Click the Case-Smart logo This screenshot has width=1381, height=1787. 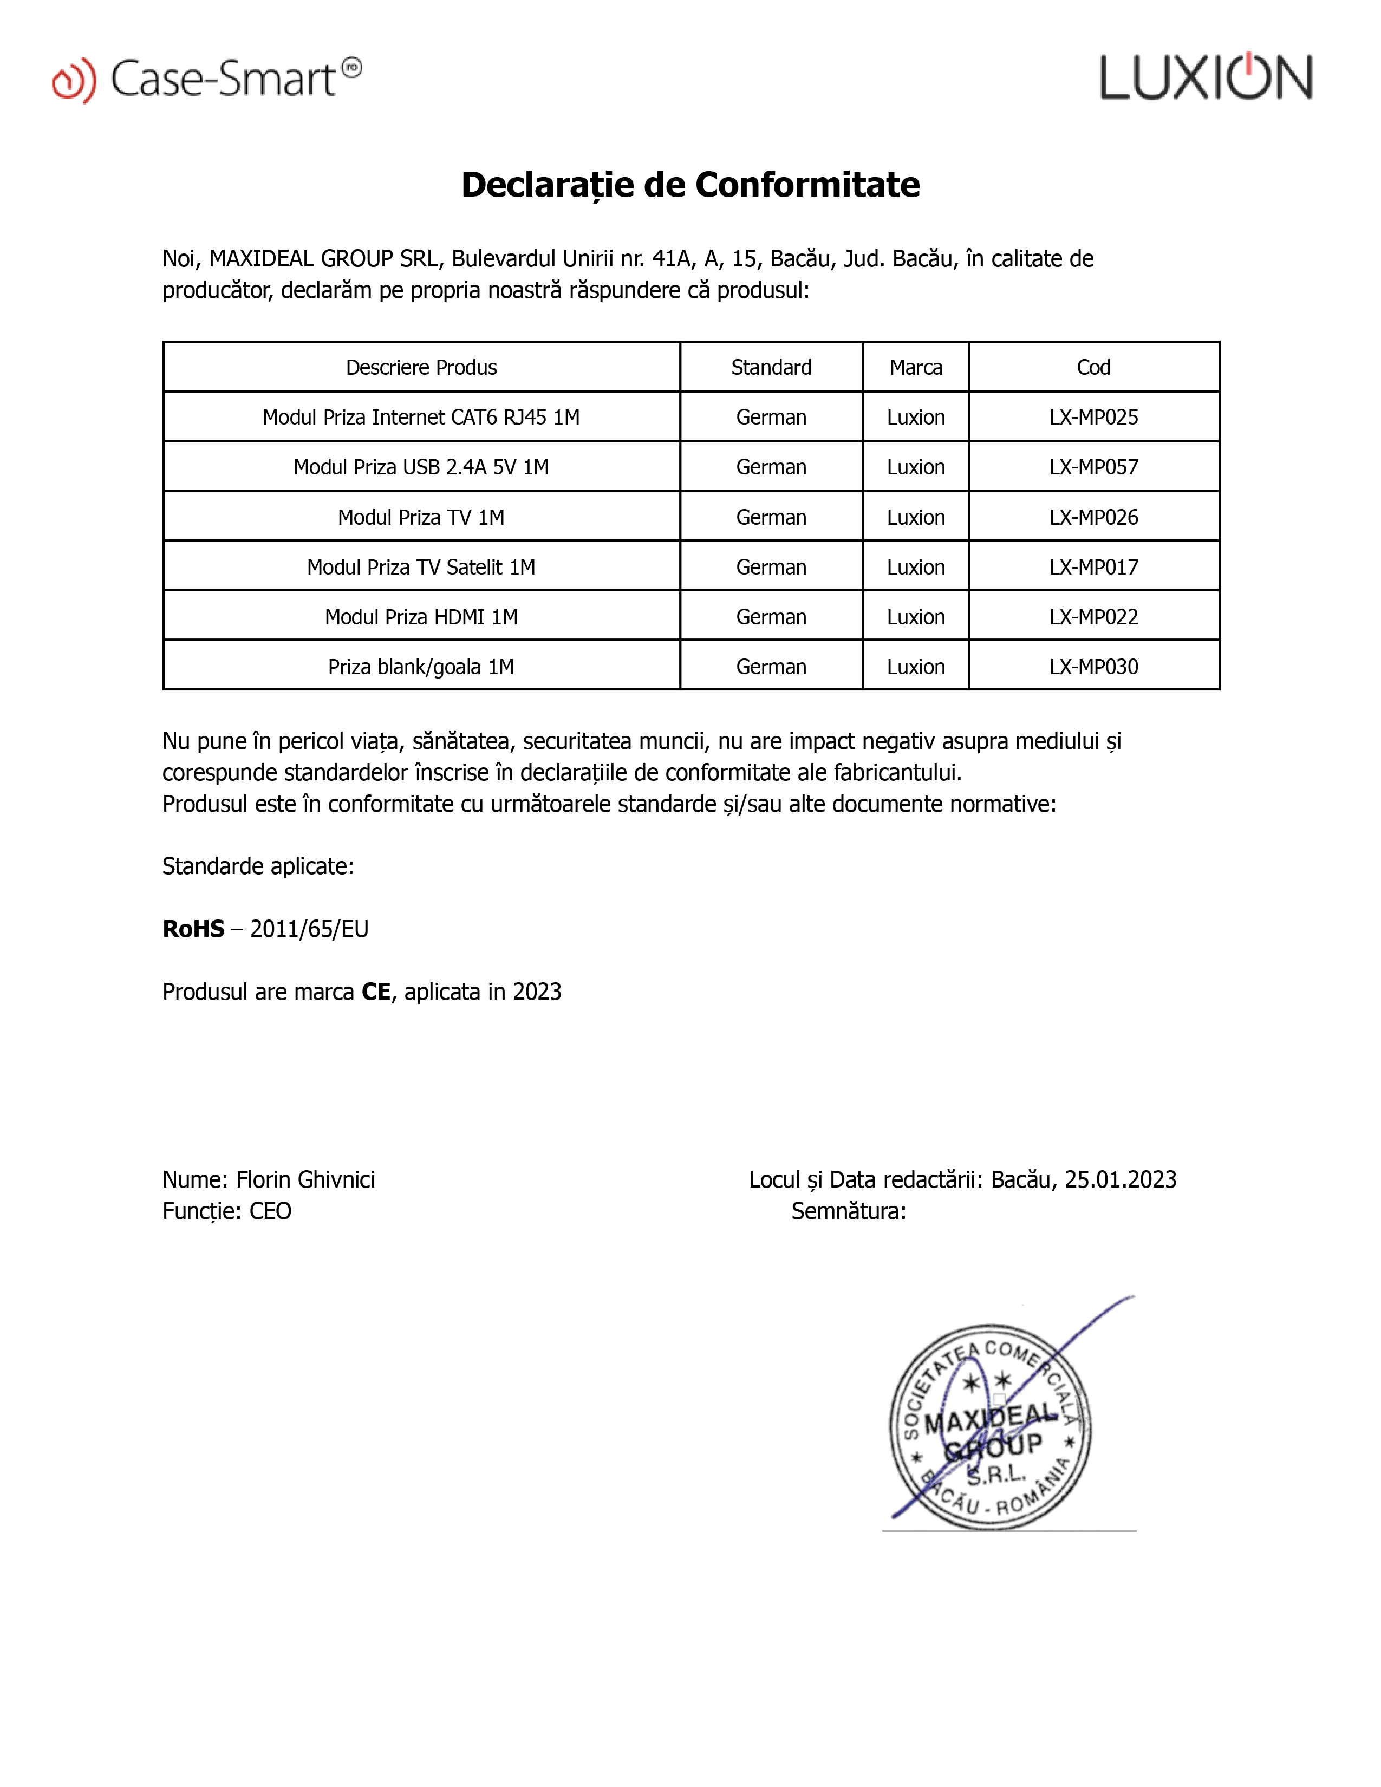(x=207, y=80)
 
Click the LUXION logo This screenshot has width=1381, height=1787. (x=1206, y=78)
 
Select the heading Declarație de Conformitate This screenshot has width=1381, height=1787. (x=691, y=185)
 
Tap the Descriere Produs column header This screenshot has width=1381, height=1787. (x=421, y=367)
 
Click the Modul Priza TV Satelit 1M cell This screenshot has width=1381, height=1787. (x=421, y=567)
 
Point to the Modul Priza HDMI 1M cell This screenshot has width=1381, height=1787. (x=421, y=617)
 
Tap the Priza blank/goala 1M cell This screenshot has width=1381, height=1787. (x=421, y=667)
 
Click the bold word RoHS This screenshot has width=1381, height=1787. (x=193, y=929)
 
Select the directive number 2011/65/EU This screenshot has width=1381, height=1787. (x=309, y=929)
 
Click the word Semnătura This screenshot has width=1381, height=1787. (x=848, y=1211)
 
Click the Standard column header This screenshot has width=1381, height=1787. (x=771, y=367)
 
